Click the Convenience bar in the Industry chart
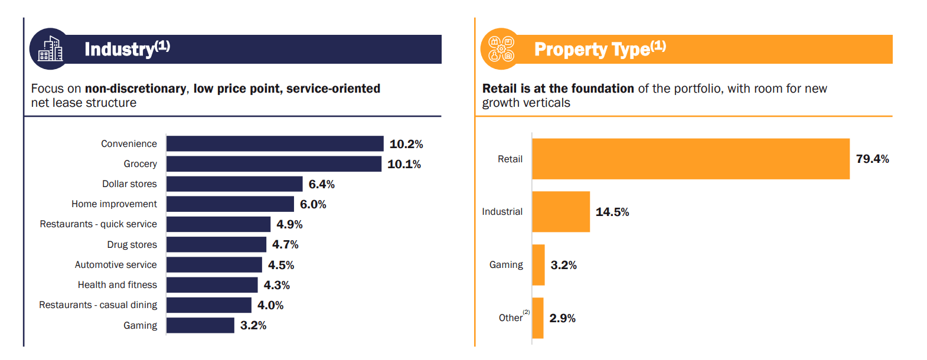pyautogui.click(x=275, y=143)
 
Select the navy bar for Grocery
pyautogui.click(x=274, y=164)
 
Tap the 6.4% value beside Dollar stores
pyautogui.click(x=322, y=184)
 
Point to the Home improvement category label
pyautogui.click(x=114, y=204)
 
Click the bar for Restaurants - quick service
pyautogui.click(x=218, y=224)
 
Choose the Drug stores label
pyautogui.click(x=132, y=244)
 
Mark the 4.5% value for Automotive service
pyautogui.click(x=281, y=265)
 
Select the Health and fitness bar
pyautogui.click(x=213, y=285)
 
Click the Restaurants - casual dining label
pyautogui.click(x=98, y=305)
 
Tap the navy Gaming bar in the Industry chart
pyautogui.click(x=200, y=325)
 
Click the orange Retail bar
pyautogui.click(x=691, y=159)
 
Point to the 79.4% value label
pyautogui.click(x=872, y=159)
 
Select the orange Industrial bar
pyautogui.click(x=561, y=212)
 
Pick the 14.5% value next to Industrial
pyautogui.click(x=612, y=212)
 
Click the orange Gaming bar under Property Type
pyautogui.click(x=538, y=265)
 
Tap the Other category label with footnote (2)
pyautogui.click(x=514, y=316)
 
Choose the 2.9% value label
pyautogui.click(x=563, y=318)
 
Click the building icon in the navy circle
pyautogui.click(x=50, y=49)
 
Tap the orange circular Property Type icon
pyautogui.click(x=501, y=49)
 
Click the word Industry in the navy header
pyautogui.click(x=120, y=49)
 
